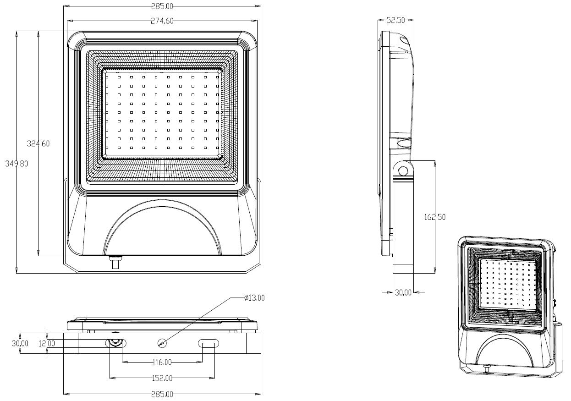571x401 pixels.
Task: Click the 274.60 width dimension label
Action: (162, 21)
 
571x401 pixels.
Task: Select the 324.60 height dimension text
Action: (38, 144)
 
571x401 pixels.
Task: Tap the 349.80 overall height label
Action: (16, 164)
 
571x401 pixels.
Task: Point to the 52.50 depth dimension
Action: (396, 20)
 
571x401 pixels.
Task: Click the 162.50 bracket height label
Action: (435, 217)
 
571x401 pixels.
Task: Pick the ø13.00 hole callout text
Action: (254, 298)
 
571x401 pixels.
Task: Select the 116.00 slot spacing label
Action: (162, 362)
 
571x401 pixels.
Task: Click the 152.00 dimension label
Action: (162, 378)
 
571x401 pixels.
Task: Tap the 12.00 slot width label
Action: (47, 344)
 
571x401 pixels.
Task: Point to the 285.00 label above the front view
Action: (162, 6)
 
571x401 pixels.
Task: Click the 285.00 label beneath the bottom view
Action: (162, 395)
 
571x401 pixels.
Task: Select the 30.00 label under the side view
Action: (403, 293)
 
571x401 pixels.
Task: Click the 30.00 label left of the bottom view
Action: (20, 343)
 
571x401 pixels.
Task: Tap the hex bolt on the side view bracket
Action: (403, 171)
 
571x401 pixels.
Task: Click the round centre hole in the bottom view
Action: (162, 343)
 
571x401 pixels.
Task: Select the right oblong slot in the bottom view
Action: (209, 343)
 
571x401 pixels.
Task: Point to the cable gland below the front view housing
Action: (116, 262)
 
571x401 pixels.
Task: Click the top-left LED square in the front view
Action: (107, 77)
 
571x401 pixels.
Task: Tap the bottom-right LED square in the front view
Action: (217, 148)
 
